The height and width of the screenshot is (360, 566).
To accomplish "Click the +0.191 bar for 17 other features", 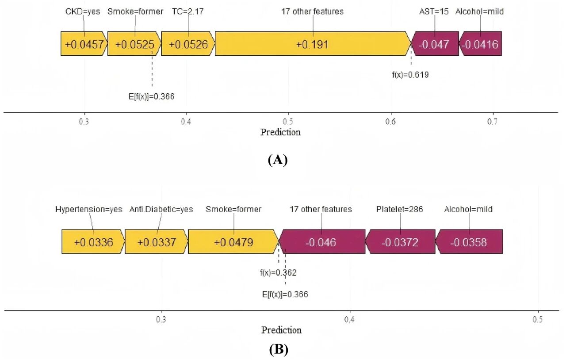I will click(x=313, y=44).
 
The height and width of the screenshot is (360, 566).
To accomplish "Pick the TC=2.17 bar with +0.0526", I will click(x=188, y=44).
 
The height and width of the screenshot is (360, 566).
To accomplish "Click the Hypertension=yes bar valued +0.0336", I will click(x=93, y=242).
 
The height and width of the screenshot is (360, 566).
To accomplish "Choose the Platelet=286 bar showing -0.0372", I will click(x=400, y=242).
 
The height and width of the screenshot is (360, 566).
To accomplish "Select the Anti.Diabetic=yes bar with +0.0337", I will click(x=157, y=242).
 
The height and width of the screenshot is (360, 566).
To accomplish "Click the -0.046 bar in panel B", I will click(x=322, y=242).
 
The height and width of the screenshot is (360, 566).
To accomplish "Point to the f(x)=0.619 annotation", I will click(x=410, y=75).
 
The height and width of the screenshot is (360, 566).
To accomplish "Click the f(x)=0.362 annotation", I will click(x=278, y=273).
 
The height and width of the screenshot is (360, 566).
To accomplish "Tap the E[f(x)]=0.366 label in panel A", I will click(x=151, y=96).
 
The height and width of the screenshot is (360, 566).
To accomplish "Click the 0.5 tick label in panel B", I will click(x=537, y=319).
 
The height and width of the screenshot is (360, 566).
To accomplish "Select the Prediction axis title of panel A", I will click(x=280, y=132).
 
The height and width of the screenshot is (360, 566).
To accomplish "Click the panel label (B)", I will click(x=279, y=350).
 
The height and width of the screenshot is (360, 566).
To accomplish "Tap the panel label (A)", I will click(x=278, y=160).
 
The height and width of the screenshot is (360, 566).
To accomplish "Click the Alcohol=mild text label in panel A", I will click(x=480, y=11).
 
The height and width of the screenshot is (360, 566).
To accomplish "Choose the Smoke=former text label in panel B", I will click(x=233, y=209).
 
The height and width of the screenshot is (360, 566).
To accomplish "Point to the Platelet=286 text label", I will click(x=400, y=209).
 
